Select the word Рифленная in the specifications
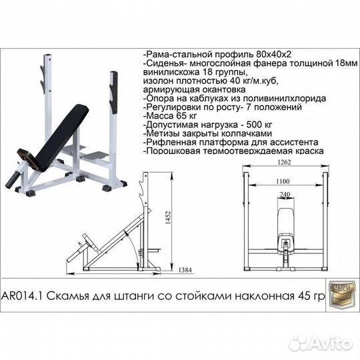coord(169,143)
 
